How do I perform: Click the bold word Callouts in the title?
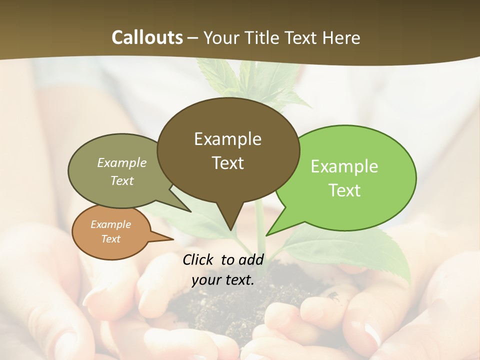click(x=147, y=37)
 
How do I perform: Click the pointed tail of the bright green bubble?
click(x=268, y=234)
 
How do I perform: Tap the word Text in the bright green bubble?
click(x=344, y=190)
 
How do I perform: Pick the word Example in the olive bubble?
click(x=121, y=162)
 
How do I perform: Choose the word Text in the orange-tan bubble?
click(x=110, y=239)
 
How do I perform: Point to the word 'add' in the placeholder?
click(x=250, y=259)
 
